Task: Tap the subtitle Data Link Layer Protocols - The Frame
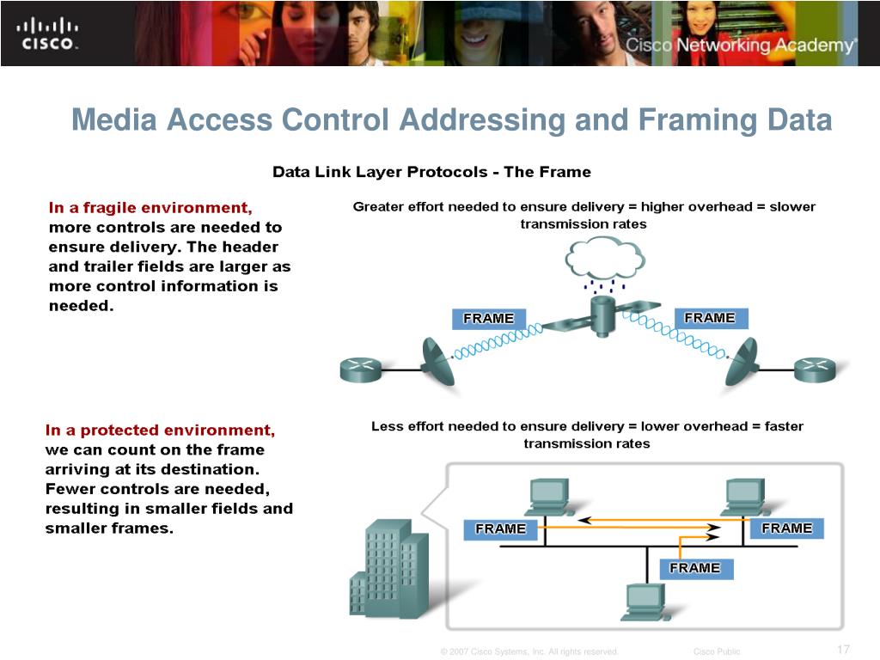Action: click(x=431, y=172)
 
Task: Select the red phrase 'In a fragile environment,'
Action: click(x=150, y=207)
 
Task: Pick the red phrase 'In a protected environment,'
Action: click(x=160, y=430)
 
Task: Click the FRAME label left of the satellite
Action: click(x=488, y=319)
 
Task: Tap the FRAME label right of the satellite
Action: click(x=709, y=318)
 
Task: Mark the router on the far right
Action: click(x=814, y=370)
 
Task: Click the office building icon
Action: click(x=389, y=571)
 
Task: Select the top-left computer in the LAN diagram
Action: click(x=548, y=498)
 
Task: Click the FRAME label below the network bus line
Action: click(x=695, y=568)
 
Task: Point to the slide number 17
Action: click(x=842, y=649)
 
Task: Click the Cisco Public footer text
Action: click(x=716, y=651)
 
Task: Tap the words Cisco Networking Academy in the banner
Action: click(x=740, y=46)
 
